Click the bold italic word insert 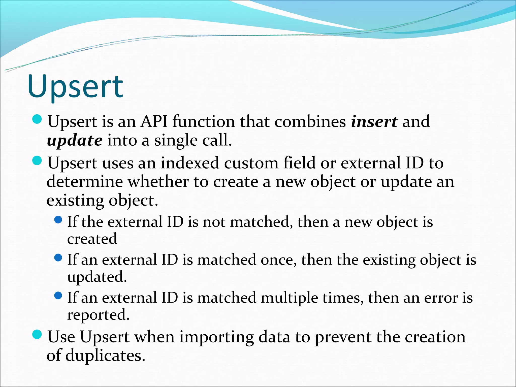[x=374, y=122]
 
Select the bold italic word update [x=75, y=141]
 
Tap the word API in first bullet [x=154, y=122]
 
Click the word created [x=92, y=239]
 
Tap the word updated [x=97, y=277]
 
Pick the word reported [x=98, y=315]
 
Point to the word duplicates [x=105, y=356]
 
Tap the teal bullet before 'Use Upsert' [x=37, y=335]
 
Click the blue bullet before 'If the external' [x=58, y=220]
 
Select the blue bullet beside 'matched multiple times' [x=58, y=296]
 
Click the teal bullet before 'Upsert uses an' [x=37, y=161]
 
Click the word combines [x=310, y=122]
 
